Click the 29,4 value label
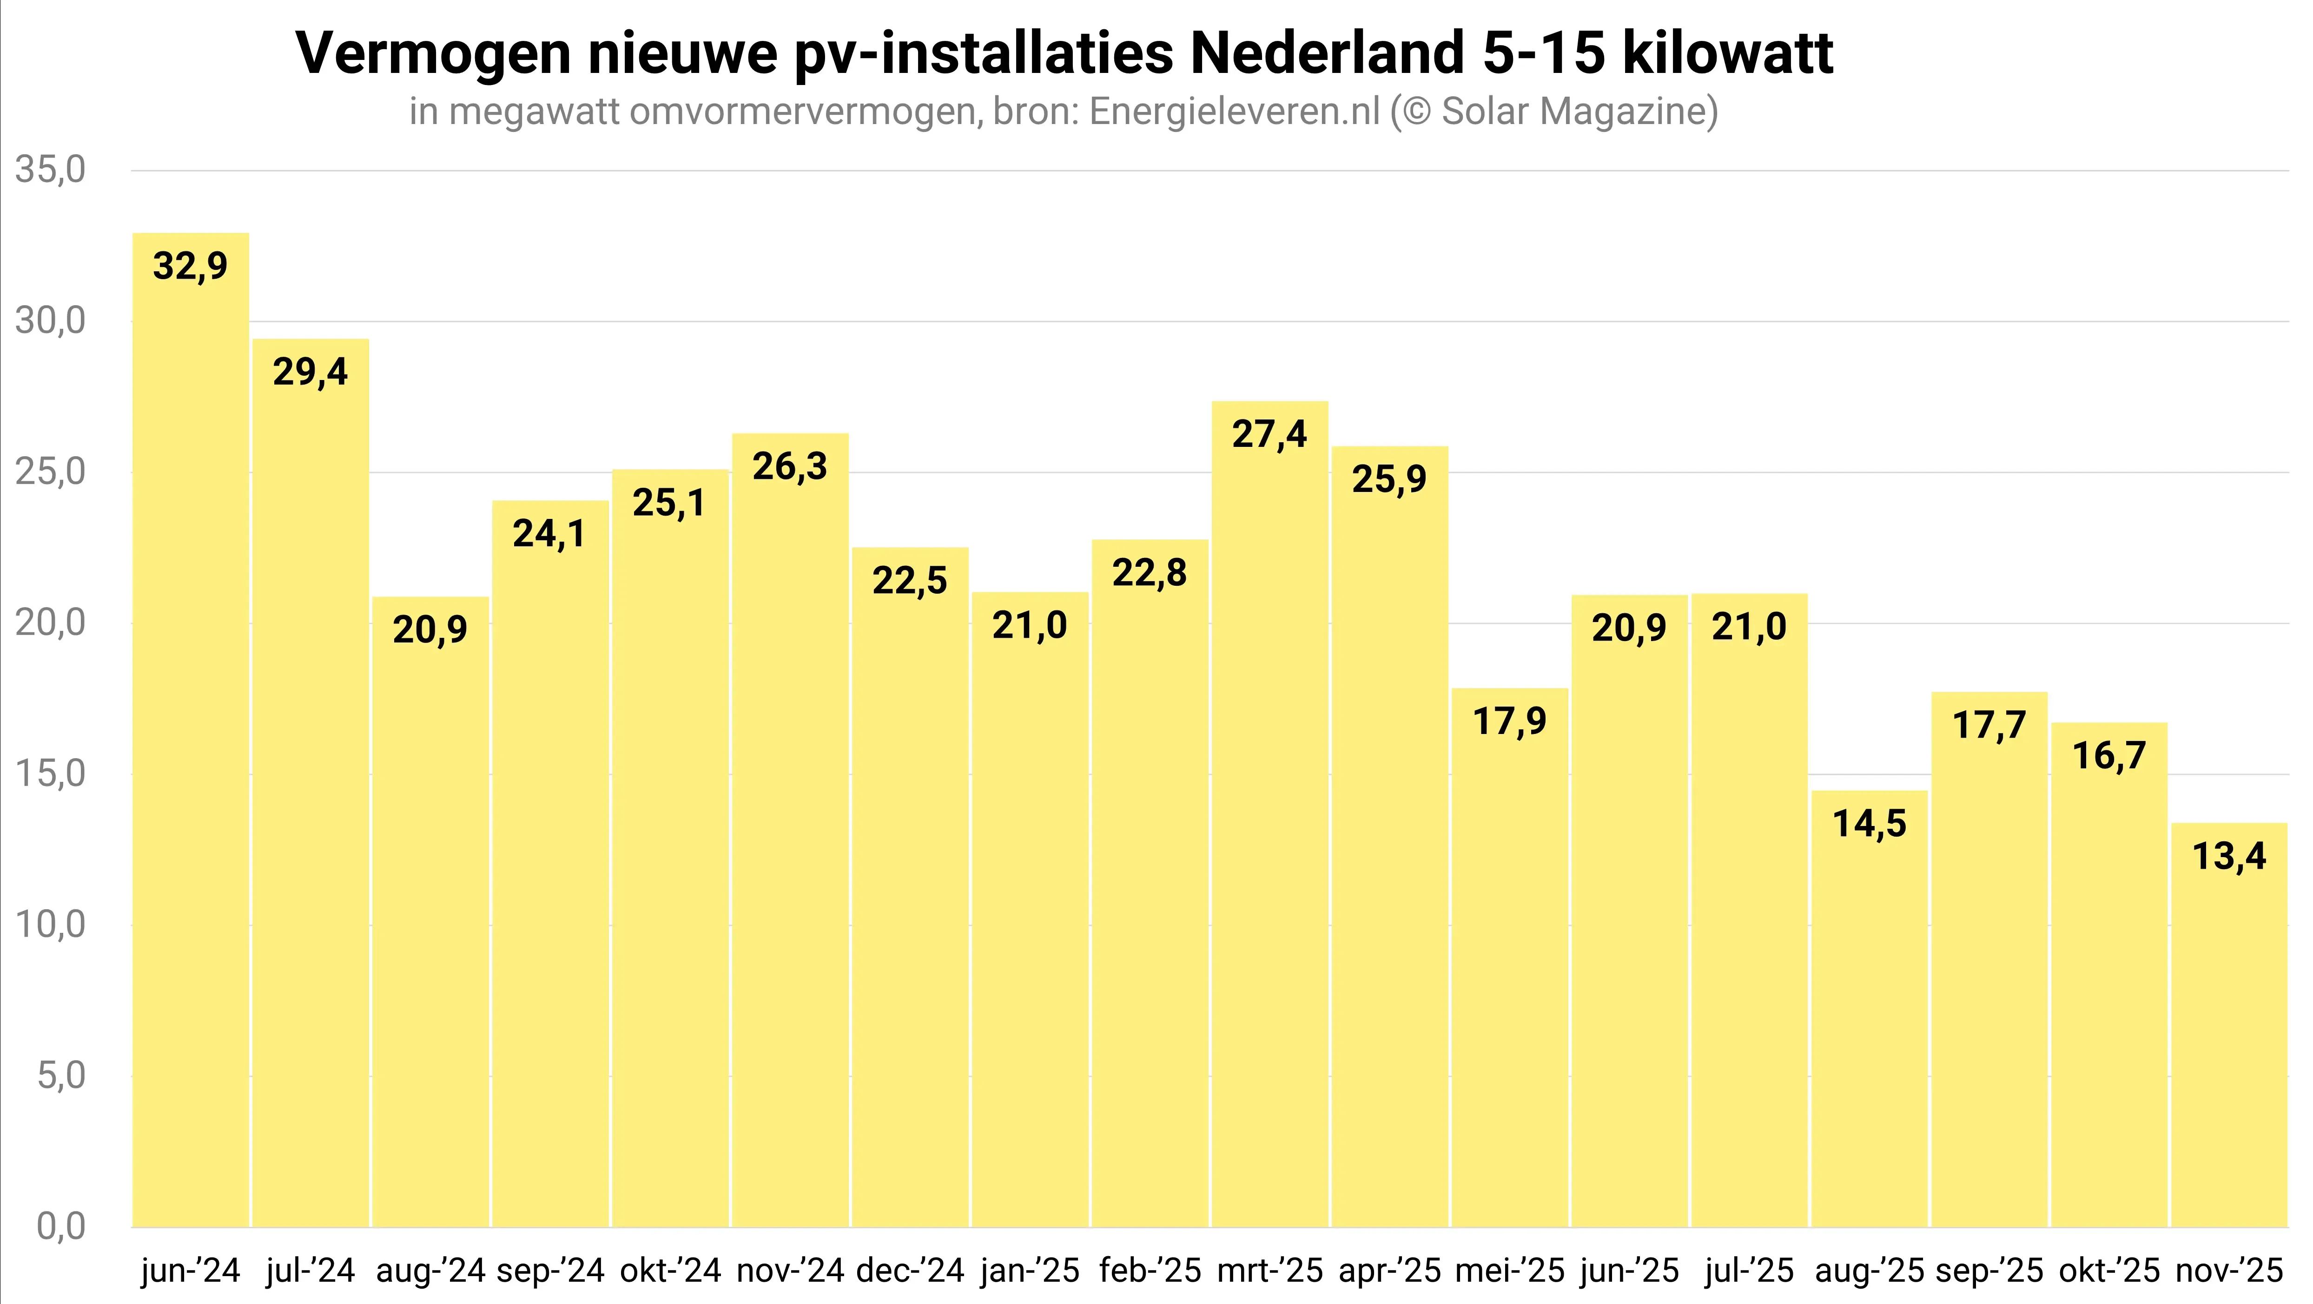coord(310,372)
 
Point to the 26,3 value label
coord(789,466)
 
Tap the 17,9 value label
coord(1509,721)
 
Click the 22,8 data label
coord(1150,573)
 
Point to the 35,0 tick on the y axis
coord(50,170)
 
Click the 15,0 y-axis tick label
coord(50,773)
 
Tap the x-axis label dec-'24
coord(910,1271)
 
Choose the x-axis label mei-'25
coord(1509,1271)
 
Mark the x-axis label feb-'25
coord(1150,1271)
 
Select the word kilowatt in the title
coord(1728,53)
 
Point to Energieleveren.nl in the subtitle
coord(1235,111)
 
